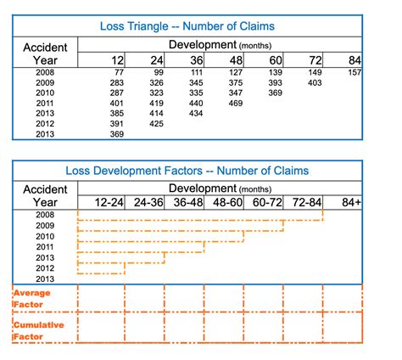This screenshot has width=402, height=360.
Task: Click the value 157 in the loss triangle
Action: tap(355, 72)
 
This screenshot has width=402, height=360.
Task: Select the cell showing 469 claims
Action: tap(236, 104)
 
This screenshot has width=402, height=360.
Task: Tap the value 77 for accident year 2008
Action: tap(119, 72)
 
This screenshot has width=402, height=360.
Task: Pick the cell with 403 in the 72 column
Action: tap(315, 83)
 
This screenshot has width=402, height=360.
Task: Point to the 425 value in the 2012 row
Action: tap(156, 124)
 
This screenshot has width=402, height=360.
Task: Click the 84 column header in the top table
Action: tap(355, 60)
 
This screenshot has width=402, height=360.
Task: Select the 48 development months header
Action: tap(236, 60)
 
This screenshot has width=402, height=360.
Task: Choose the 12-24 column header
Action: tap(109, 202)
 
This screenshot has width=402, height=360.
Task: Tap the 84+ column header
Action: tap(351, 202)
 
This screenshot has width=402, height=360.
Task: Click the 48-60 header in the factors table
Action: tap(227, 202)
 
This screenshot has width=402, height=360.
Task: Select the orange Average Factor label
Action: tap(32, 299)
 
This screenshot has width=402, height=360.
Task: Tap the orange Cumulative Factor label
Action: tap(39, 330)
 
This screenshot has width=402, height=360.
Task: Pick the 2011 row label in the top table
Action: tap(45, 104)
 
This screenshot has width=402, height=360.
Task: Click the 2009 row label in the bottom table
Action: tap(45, 226)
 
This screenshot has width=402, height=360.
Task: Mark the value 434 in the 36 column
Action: tap(196, 114)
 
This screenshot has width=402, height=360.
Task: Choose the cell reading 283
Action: tap(117, 83)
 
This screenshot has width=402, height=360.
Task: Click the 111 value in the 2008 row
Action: tap(197, 72)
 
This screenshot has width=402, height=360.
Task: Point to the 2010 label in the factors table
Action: tap(45, 236)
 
